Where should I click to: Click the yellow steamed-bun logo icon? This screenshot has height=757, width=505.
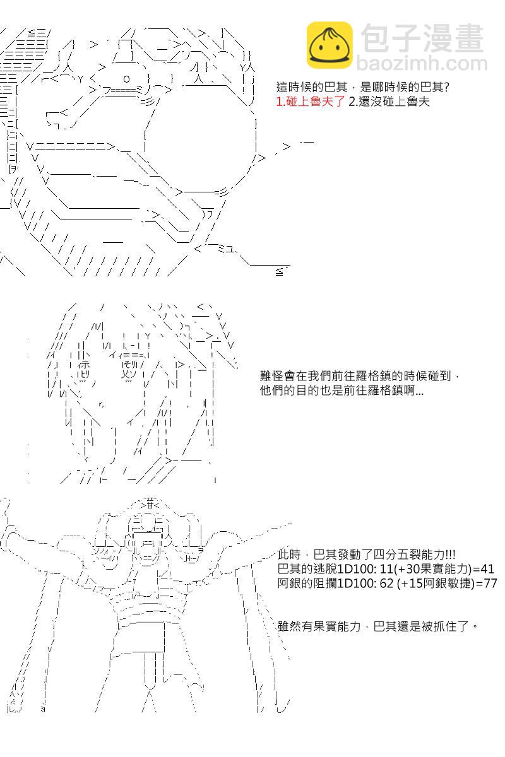pyautogui.click(x=330, y=45)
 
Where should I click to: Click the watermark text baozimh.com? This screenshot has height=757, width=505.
pyautogui.click(x=422, y=64)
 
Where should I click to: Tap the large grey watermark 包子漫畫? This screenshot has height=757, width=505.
pyautogui.click(x=422, y=38)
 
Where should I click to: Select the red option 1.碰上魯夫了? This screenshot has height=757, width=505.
pyautogui.click(x=310, y=102)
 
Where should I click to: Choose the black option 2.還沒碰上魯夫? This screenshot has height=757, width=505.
pyautogui.click(x=389, y=102)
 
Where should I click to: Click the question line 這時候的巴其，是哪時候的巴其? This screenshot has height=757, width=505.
pyautogui.click(x=362, y=87)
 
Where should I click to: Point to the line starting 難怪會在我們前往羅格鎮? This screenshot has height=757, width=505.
pyautogui.click(x=359, y=375)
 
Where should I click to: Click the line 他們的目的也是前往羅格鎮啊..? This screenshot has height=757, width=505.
pyautogui.click(x=342, y=390)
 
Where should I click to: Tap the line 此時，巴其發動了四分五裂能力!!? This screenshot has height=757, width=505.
pyautogui.click(x=366, y=555)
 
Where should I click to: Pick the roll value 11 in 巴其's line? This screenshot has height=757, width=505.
pyautogui.click(x=386, y=569)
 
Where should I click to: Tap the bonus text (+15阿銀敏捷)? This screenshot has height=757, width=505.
pyautogui.click(x=436, y=584)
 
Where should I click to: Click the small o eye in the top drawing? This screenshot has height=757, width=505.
pyautogui.click(x=126, y=79)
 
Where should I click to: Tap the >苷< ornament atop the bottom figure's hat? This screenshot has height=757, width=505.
pyautogui.click(x=150, y=505)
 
